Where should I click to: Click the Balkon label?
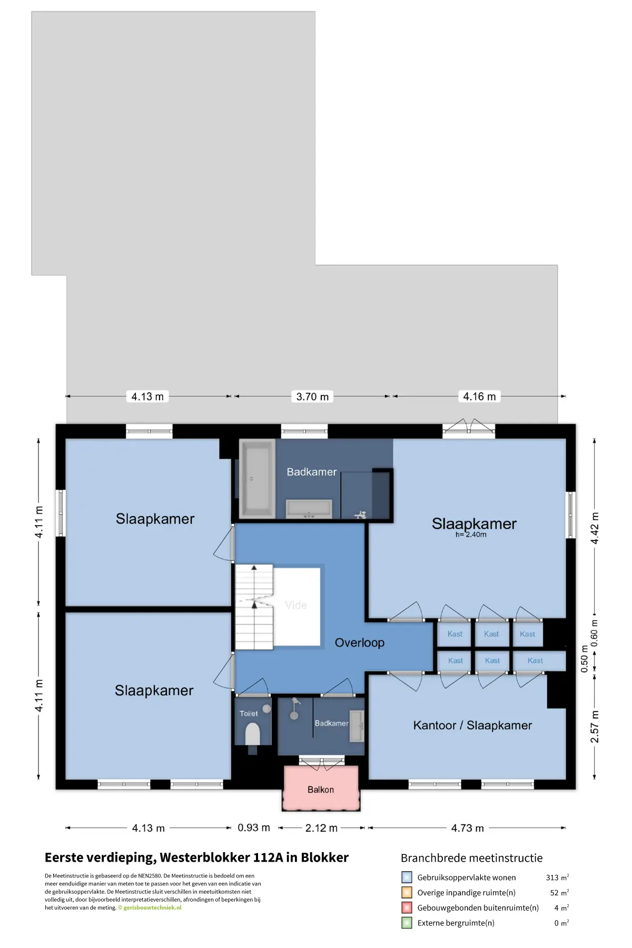pyautogui.click(x=321, y=789)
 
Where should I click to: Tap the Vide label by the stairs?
pyautogui.click(x=296, y=605)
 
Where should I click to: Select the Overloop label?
pyautogui.click(x=360, y=643)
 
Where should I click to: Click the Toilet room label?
pyautogui.click(x=249, y=714)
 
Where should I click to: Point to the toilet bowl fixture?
pyautogui.click(x=253, y=733)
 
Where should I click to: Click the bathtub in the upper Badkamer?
pyautogui.click(x=258, y=479)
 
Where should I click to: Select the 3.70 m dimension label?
pyautogui.click(x=312, y=397)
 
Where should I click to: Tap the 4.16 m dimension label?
pyautogui.click(x=479, y=397)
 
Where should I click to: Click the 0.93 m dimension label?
pyautogui.click(x=254, y=827)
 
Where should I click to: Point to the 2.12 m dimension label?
pyautogui.click(x=321, y=828)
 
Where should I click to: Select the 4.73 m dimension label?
pyautogui.click(x=468, y=828)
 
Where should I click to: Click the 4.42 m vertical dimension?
pyautogui.click(x=595, y=528)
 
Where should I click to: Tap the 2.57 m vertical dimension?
pyautogui.click(x=595, y=727)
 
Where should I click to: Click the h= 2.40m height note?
pyautogui.click(x=471, y=535)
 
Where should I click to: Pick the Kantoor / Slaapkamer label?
pyautogui.click(x=472, y=725)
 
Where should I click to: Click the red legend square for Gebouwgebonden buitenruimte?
pyautogui.click(x=407, y=907)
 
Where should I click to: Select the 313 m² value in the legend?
pyautogui.click(x=557, y=877)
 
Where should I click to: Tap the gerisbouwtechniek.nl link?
pyautogui.click(x=152, y=907)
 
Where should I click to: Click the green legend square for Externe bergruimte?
pyautogui.click(x=407, y=923)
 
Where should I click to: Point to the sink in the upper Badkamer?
pyautogui.click(x=309, y=509)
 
